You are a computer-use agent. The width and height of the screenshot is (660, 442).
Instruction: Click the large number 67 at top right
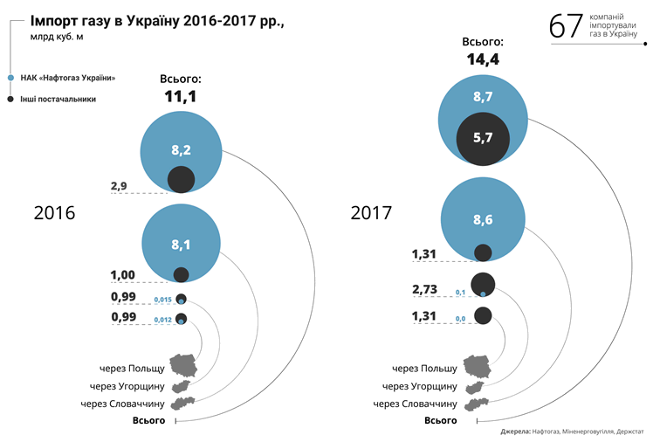tap(566, 26)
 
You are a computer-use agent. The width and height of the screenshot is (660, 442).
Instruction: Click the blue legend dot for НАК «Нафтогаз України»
tap(10, 78)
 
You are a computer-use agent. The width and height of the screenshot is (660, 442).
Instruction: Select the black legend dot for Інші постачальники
tap(10, 100)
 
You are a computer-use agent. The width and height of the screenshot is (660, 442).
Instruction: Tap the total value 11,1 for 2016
tap(181, 96)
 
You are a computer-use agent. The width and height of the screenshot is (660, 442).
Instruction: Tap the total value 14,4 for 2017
tap(483, 59)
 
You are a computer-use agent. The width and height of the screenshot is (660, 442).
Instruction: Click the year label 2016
tap(54, 213)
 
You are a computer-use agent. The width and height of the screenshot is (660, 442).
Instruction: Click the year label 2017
tap(371, 213)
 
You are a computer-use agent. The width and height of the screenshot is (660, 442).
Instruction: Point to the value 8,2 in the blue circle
tap(181, 150)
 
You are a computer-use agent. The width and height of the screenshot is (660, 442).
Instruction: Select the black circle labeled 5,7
tap(483, 137)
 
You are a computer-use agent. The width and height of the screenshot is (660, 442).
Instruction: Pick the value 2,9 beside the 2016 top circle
tap(120, 186)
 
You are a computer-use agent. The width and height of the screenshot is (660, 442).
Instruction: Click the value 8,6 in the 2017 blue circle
tap(483, 221)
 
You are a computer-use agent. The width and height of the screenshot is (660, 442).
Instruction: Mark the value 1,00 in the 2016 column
tap(124, 275)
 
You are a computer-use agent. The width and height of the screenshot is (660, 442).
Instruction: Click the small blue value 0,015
tap(162, 300)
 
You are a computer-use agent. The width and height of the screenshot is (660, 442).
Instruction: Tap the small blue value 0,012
tap(162, 321)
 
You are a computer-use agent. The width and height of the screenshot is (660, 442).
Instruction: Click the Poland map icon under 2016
tap(185, 365)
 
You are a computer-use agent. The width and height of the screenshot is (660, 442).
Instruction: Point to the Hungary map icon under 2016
tap(182, 385)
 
